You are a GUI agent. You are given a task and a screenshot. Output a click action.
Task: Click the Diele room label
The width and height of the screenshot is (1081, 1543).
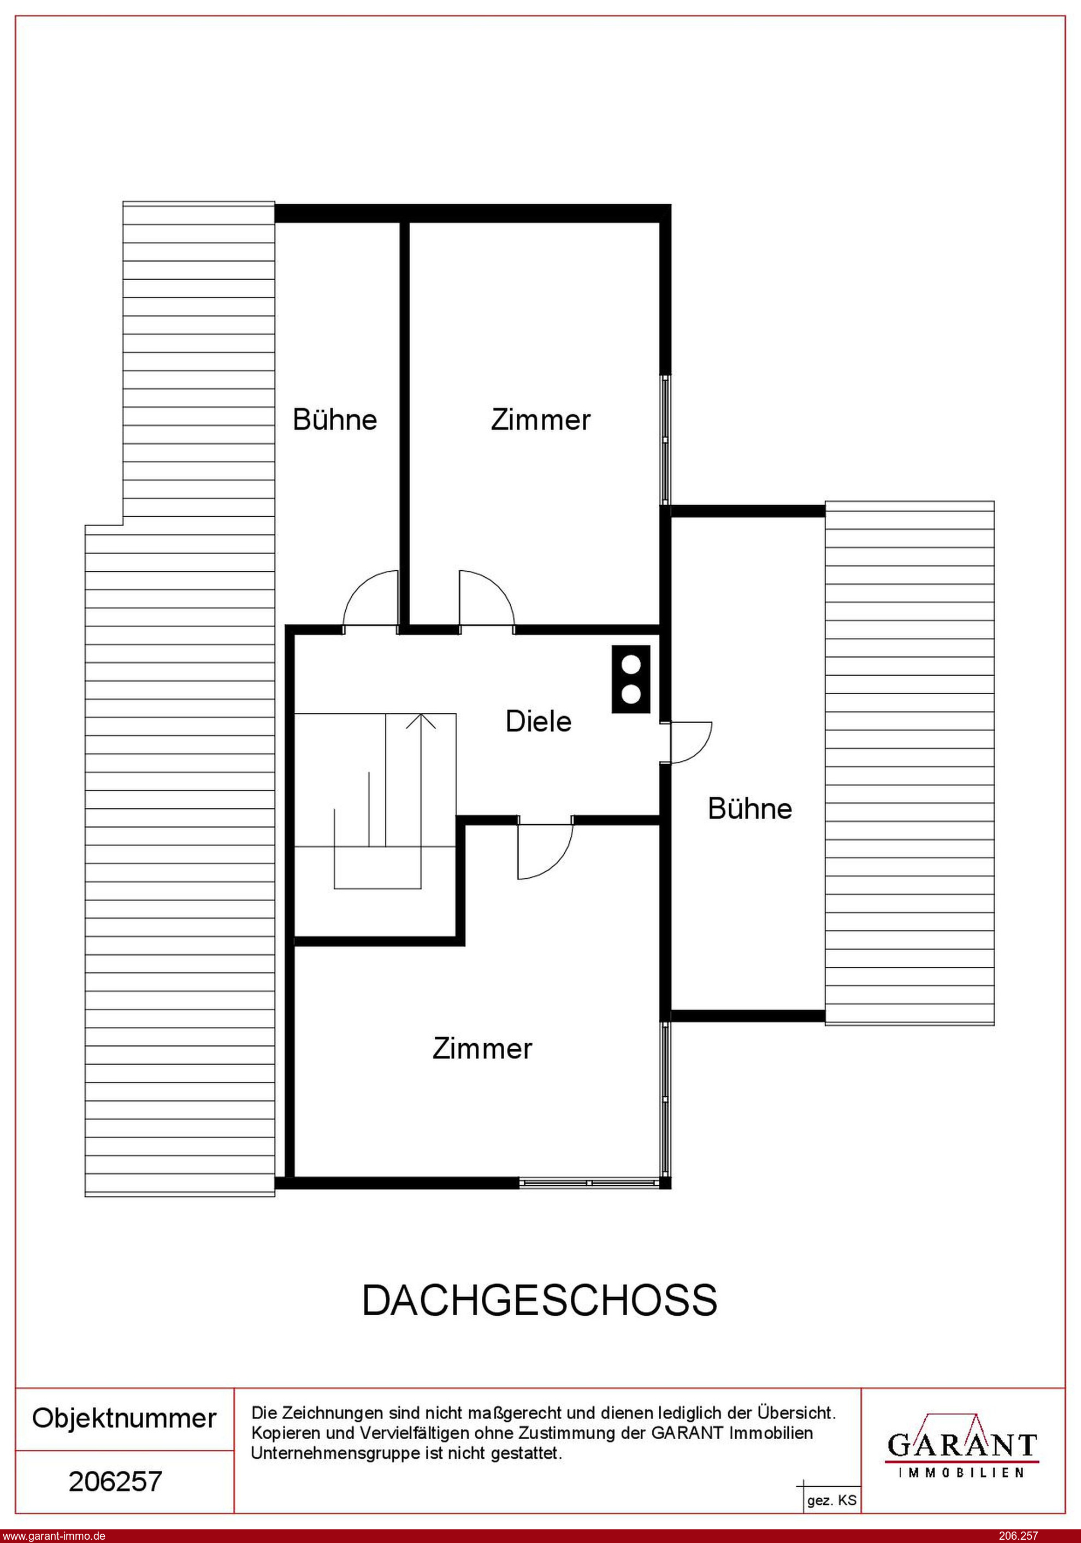click(539, 721)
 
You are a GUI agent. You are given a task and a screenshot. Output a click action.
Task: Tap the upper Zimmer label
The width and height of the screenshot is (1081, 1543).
click(541, 419)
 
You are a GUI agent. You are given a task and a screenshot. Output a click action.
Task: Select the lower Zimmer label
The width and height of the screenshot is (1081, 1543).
click(482, 1048)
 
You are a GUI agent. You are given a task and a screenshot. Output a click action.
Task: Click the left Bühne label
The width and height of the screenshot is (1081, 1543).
click(335, 419)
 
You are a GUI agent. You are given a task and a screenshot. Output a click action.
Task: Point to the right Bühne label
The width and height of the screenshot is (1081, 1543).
click(749, 808)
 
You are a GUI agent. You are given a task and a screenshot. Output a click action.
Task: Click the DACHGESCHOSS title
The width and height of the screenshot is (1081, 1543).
click(540, 1300)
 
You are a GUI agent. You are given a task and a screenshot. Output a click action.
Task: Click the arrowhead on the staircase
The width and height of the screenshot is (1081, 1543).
click(421, 720)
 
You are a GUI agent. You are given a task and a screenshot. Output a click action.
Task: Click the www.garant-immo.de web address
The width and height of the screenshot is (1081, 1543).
click(53, 1535)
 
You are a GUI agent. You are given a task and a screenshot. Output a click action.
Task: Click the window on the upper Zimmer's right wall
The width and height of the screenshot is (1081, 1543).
click(665, 439)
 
